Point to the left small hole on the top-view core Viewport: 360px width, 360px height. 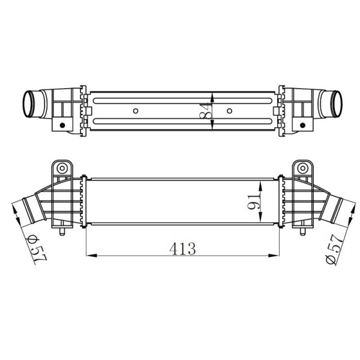coord(136,111)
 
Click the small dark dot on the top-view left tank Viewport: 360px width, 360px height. coord(61,125)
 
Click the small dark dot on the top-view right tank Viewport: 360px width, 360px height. coord(306,125)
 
